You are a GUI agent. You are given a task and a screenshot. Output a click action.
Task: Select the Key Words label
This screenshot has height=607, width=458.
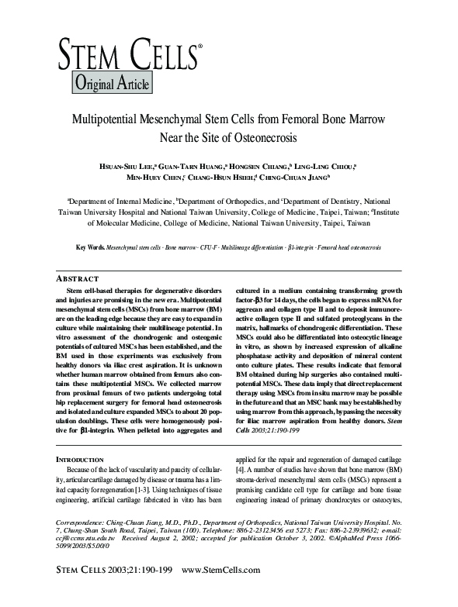pyautogui.click(x=91, y=247)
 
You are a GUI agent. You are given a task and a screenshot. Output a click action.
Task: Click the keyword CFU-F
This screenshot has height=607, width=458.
pyautogui.click(x=207, y=247)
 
